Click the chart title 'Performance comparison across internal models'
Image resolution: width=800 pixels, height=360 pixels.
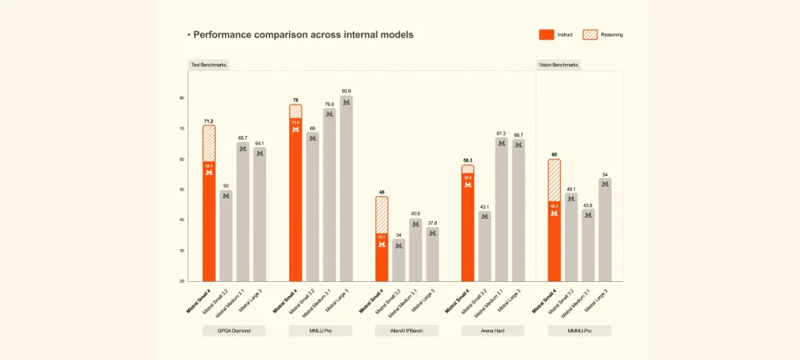[303, 35]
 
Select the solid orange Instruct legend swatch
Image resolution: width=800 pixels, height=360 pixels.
[546, 34]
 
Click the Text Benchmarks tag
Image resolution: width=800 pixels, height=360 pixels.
[209, 65]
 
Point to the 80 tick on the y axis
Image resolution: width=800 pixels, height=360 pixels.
[181, 98]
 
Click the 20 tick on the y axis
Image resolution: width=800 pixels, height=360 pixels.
[181, 281]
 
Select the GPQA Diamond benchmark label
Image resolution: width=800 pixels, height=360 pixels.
[234, 331]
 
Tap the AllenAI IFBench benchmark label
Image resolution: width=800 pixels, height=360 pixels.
[406, 331]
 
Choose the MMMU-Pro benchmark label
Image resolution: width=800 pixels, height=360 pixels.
[579, 331]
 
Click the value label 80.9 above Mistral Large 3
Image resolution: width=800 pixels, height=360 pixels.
[346, 91]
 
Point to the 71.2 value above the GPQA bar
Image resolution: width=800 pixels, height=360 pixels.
[209, 121]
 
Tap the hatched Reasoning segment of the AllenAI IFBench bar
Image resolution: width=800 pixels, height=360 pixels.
[381, 215]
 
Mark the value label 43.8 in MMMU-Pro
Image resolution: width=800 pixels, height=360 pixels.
[587, 205]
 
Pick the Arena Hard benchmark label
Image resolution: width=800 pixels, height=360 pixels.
[492, 331]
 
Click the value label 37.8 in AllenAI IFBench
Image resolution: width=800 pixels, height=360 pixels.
[432, 223]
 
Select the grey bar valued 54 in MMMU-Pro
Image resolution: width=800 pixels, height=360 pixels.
[605, 230]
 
